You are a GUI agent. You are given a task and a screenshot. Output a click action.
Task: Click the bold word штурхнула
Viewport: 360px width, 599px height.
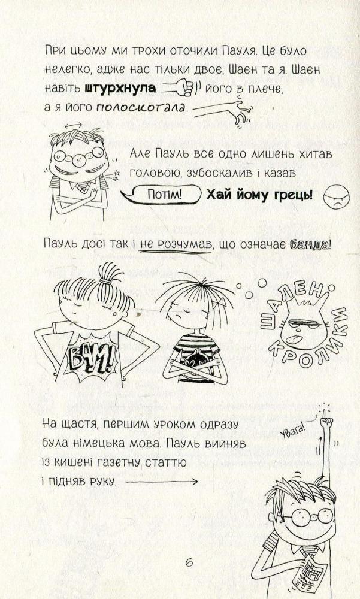120,88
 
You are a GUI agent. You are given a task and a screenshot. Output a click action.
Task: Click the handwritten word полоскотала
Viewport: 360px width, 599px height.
141,107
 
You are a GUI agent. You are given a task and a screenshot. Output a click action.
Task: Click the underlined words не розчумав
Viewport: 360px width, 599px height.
175,245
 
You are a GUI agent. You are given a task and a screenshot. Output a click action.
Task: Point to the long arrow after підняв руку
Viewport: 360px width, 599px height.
161,482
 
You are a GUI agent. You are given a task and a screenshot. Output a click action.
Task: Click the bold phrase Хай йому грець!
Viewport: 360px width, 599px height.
259,195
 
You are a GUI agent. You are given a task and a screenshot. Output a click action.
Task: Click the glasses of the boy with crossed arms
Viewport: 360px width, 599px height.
78,156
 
